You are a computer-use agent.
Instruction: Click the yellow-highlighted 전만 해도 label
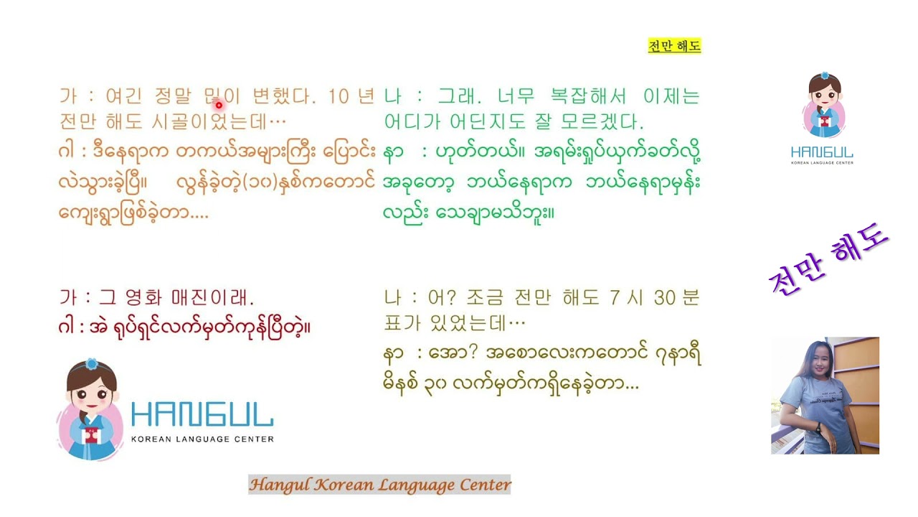point(674,47)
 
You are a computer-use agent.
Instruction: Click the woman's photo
point(825,395)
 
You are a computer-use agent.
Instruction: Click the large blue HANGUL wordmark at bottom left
point(202,414)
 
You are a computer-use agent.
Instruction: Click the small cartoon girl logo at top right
point(823,106)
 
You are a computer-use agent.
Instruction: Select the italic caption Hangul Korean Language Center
point(379,485)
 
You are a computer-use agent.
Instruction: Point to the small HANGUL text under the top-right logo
point(822,152)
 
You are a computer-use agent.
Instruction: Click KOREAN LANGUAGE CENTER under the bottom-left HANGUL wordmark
point(202,439)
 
